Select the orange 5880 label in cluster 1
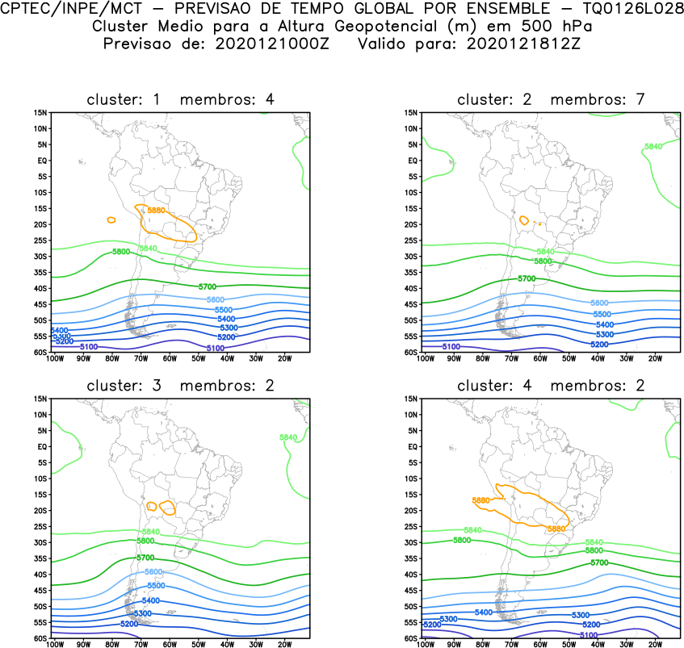click(x=157, y=211)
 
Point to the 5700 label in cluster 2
click(x=527, y=278)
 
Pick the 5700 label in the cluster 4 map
click(x=598, y=562)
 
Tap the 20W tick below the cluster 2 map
click(x=654, y=357)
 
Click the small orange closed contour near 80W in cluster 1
click(x=111, y=219)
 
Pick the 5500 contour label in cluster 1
click(x=224, y=310)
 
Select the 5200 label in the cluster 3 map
click(x=128, y=624)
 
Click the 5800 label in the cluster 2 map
click(x=543, y=261)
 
